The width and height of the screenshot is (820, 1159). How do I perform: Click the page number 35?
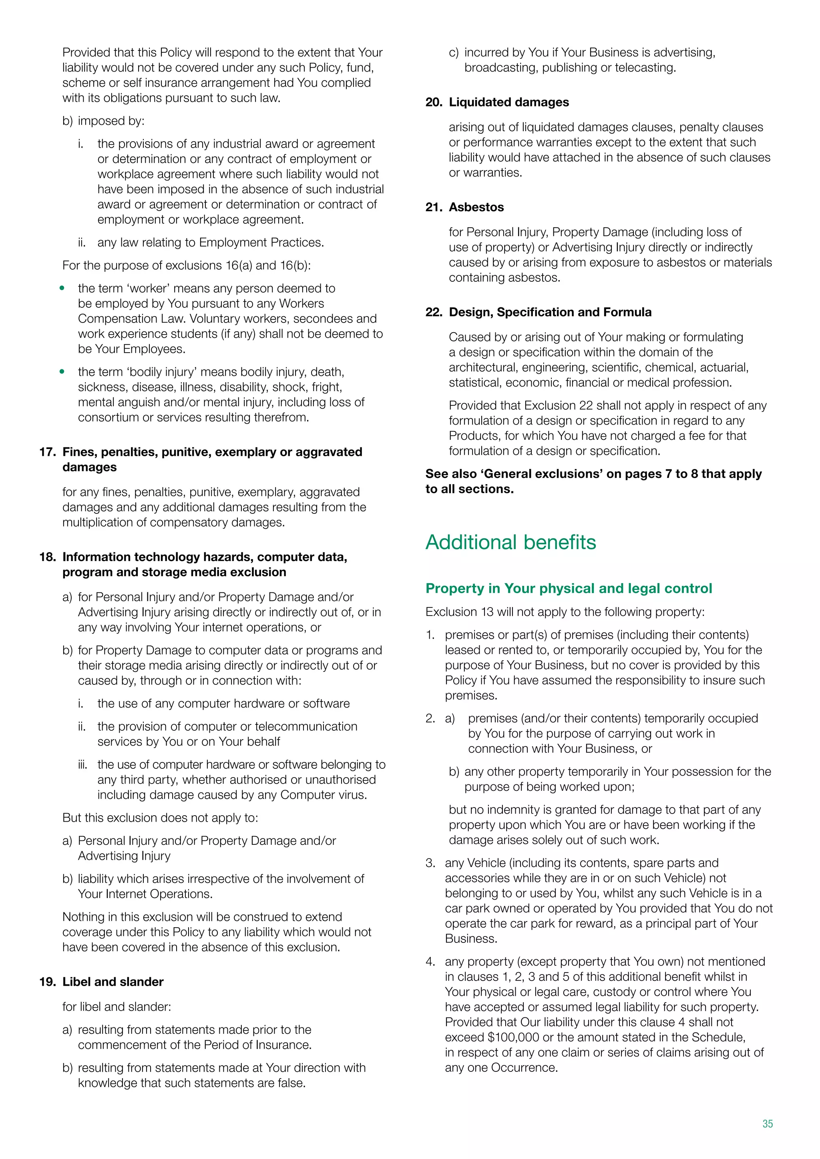pos(768,1124)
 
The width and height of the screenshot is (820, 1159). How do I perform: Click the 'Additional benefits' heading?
pos(510,542)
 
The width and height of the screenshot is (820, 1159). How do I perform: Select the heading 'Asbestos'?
pos(476,207)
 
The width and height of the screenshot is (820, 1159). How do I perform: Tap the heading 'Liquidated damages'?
pos(508,102)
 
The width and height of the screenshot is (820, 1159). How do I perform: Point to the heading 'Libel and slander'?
pos(113,982)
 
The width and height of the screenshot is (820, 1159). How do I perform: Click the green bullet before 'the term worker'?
pos(62,288)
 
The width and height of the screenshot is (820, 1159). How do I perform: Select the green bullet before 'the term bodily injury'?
pos(62,371)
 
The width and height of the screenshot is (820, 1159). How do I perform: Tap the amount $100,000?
pos(512,1037)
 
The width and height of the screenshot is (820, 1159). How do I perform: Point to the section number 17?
pos(47,452)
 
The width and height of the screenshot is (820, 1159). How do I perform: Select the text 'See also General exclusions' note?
pos(593,481)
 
